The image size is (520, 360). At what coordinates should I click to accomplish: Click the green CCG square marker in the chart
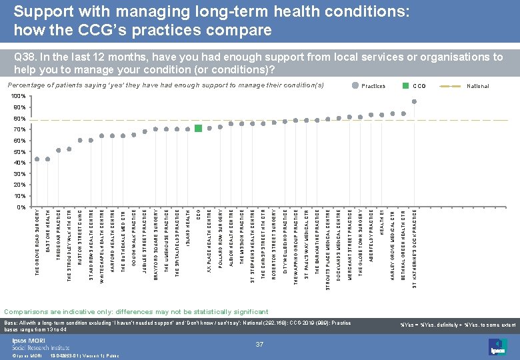[199, 128]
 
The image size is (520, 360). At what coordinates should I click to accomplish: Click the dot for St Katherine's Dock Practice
[414, 101]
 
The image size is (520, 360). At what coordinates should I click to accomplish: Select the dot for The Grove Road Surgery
[37, 159]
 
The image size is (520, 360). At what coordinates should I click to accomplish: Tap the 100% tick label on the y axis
[19, 97]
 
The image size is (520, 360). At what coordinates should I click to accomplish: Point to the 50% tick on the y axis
[20, 152]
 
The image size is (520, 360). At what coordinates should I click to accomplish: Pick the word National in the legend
[477, 86]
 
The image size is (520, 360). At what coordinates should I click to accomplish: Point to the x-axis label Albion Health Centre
[231, 237]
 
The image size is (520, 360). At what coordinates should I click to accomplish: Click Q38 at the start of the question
[25, 58]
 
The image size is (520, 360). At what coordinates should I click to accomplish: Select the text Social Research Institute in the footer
[41, 347]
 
